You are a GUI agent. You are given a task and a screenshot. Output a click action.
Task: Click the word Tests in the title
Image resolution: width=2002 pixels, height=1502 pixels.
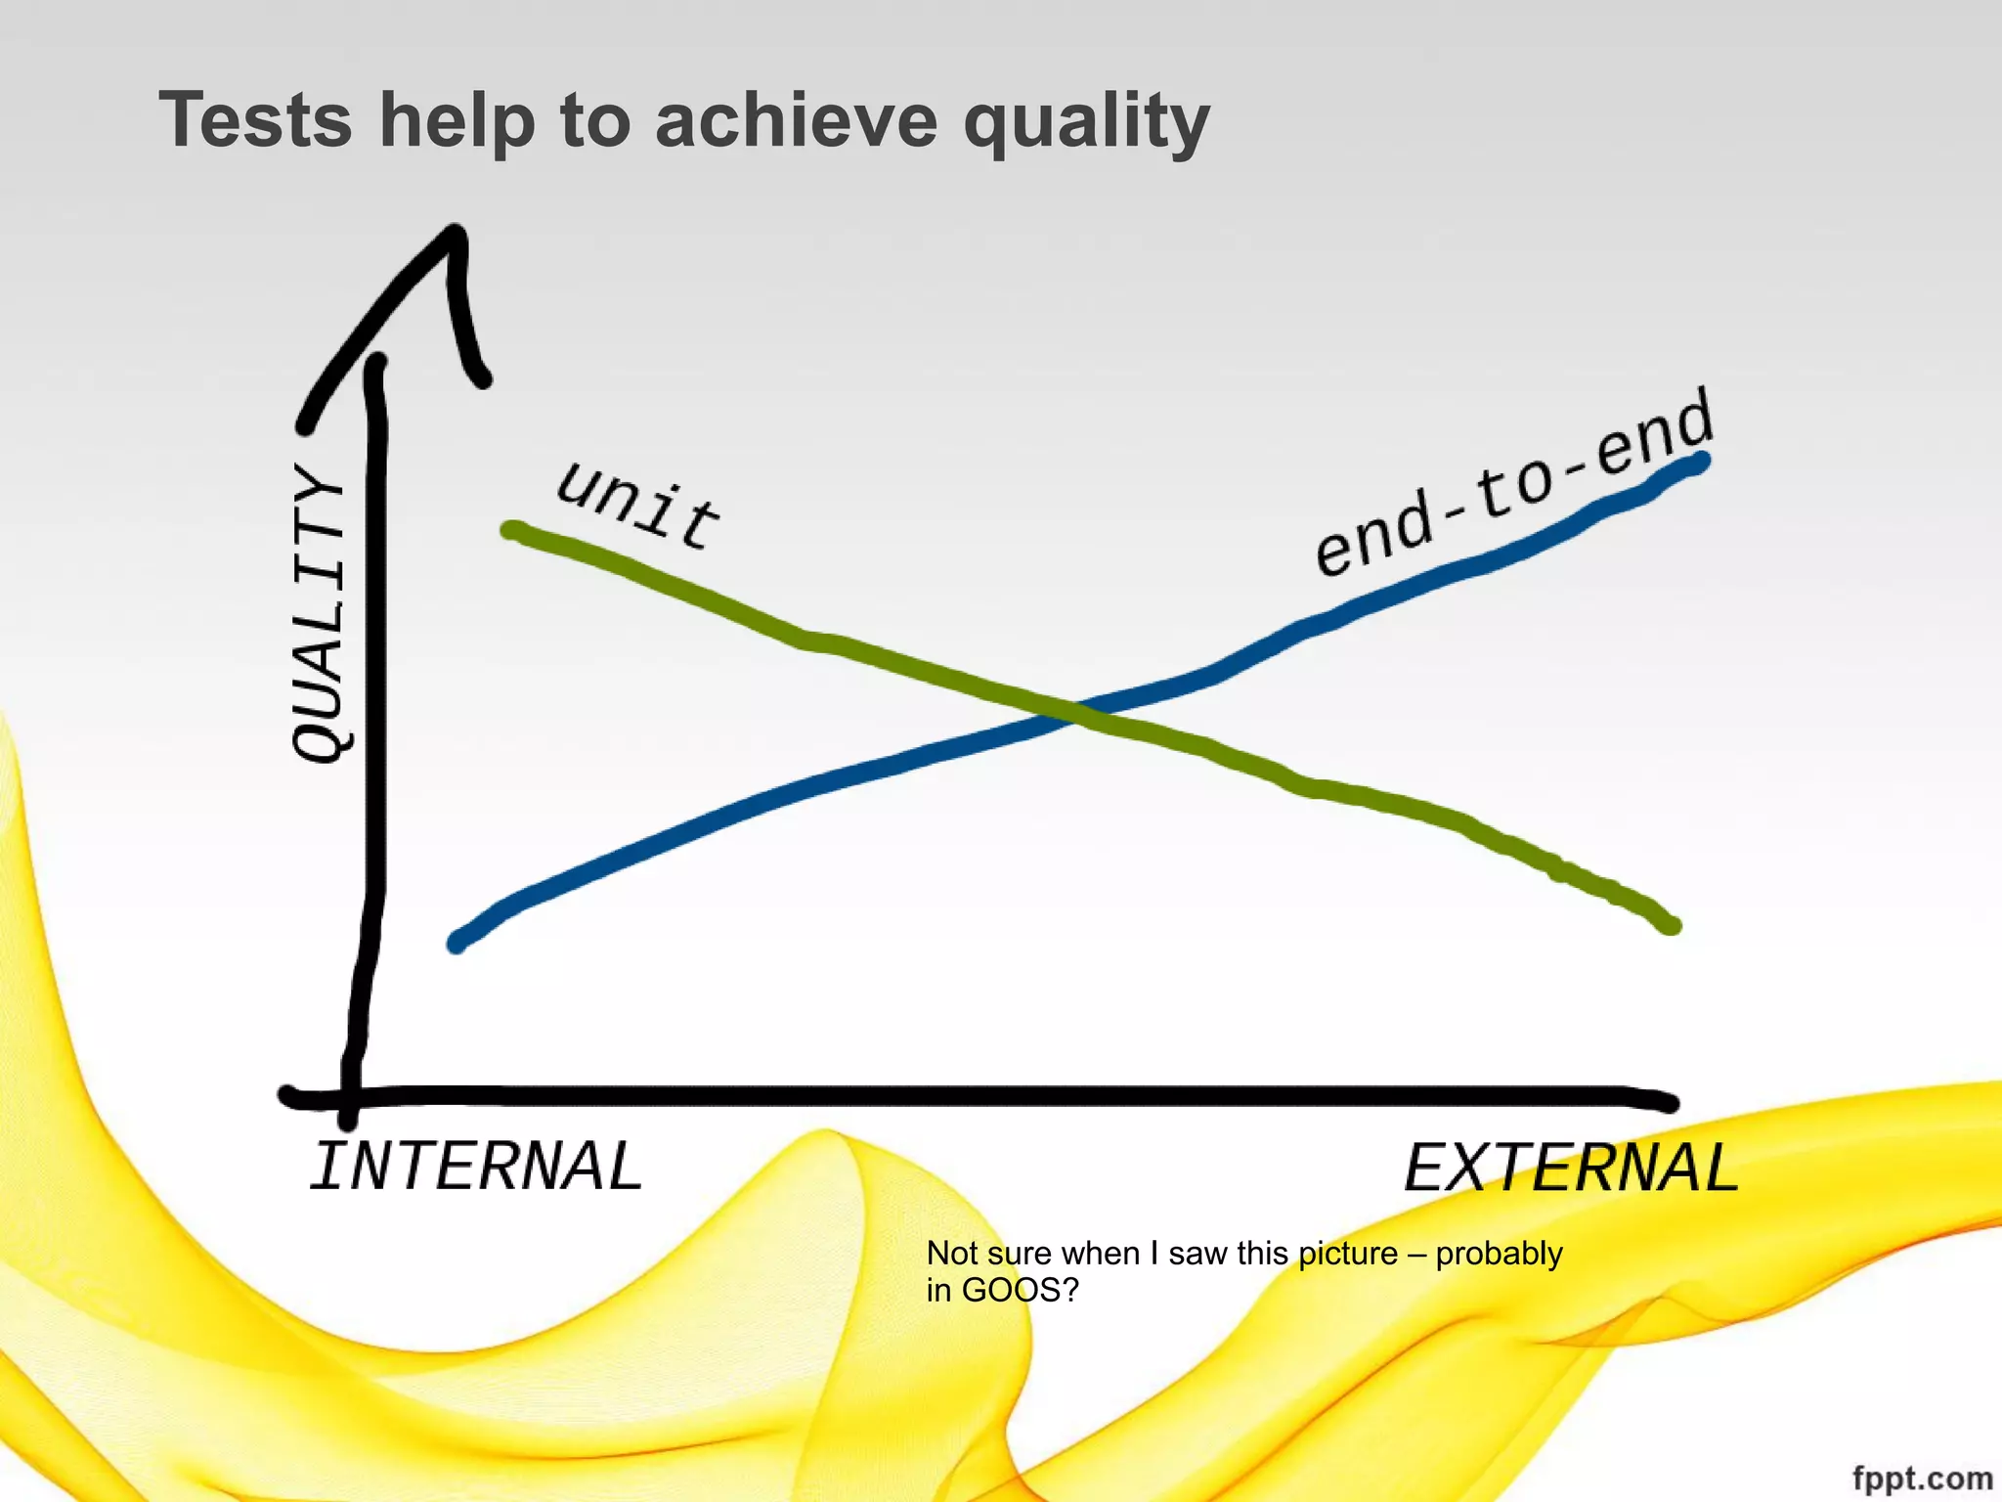click(255, 120)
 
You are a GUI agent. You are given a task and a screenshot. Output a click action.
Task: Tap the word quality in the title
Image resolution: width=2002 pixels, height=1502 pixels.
click(1086, 122)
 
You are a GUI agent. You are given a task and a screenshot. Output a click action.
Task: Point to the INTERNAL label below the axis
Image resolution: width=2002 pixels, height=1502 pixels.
click(476, 1167)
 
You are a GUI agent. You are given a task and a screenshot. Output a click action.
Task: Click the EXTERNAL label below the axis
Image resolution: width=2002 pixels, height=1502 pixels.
click(1571, 1168)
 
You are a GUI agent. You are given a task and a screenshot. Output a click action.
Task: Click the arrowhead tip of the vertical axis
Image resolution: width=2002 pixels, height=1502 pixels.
click(455, 233)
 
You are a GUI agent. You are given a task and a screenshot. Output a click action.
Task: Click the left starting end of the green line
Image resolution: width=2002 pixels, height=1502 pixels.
click(510, 531)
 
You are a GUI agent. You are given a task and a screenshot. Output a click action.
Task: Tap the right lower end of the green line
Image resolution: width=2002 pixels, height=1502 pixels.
click(1672, 925)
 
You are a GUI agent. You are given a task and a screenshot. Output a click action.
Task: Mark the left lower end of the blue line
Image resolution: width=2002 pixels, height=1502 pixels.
click(457, 944)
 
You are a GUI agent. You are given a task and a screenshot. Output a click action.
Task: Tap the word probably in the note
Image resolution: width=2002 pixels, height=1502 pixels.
click(1499, 1253)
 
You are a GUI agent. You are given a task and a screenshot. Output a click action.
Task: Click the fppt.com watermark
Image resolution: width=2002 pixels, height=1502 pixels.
click(1922, 1478)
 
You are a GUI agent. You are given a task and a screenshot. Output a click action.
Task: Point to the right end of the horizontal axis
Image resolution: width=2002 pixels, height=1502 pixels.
click(1670, 1103)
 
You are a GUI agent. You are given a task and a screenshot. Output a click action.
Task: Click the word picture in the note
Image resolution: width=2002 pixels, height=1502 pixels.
click(1348, 1253)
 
